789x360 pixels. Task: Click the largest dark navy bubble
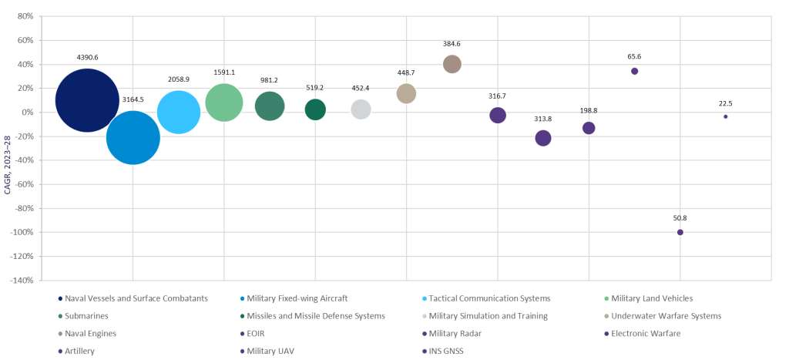87,100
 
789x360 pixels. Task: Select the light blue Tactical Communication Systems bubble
179,113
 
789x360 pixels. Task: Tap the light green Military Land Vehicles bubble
224,103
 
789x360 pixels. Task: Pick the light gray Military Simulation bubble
361,109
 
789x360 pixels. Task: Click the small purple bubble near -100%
680,232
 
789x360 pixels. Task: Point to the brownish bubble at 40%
452,64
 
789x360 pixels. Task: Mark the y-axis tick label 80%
24,16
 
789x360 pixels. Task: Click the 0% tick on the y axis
27,113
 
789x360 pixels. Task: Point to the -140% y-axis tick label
21,281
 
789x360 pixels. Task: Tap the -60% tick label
22,184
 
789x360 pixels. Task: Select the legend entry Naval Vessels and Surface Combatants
137,298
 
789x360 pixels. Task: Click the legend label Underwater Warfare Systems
666,316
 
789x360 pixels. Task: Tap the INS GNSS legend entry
447,351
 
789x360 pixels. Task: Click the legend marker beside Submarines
60,316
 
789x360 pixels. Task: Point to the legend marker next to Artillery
60,351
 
